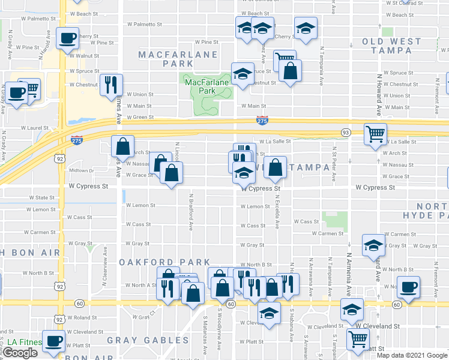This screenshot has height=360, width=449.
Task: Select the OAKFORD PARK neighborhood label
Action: tap(164, 262)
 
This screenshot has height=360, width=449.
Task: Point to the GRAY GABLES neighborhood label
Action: tap(148, 340)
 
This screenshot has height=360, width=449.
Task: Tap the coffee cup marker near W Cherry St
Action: tap(67, 39)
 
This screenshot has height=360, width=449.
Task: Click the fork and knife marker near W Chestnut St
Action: tap(111, 85)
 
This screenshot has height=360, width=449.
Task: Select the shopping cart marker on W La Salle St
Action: tap(375, 134)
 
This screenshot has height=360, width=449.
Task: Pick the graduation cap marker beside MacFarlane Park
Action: tap(243, 74)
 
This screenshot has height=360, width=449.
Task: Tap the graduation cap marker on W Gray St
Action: tap(373, 245)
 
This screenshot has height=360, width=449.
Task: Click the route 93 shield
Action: tap(346, 132)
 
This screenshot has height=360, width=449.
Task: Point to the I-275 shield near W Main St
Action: tap(262, 121)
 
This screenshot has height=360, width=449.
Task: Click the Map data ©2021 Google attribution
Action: tap(412, 355)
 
